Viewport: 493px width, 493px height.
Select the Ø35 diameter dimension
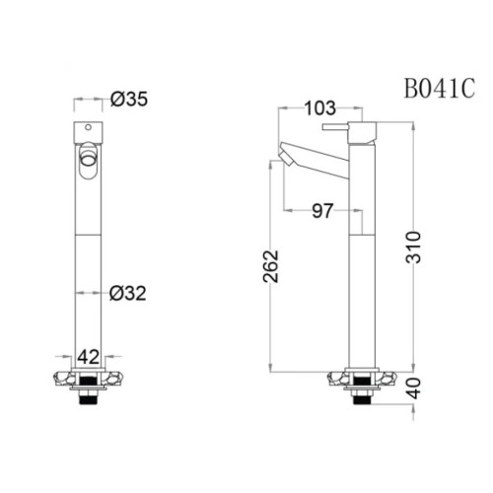pyautogui.click(x=129, y=99)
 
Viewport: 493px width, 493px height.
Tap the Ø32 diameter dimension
pyautogui.click(x=128, y=292)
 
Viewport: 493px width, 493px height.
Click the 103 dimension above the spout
pyautogui.click(x=319, y=107)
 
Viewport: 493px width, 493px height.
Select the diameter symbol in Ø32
pyautogui.click(x=116, y=292)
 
